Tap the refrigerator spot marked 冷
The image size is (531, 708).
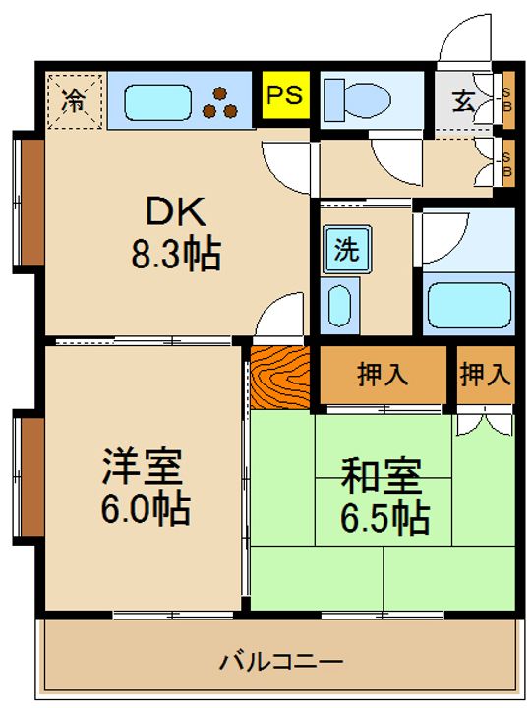[75, 99]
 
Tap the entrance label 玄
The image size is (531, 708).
[462, 99]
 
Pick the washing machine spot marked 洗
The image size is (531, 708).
[345, 250]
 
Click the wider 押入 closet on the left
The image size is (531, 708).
[383, 374]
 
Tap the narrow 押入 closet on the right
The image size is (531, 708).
[486, 374]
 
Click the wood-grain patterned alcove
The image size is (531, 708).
[280, 376]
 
